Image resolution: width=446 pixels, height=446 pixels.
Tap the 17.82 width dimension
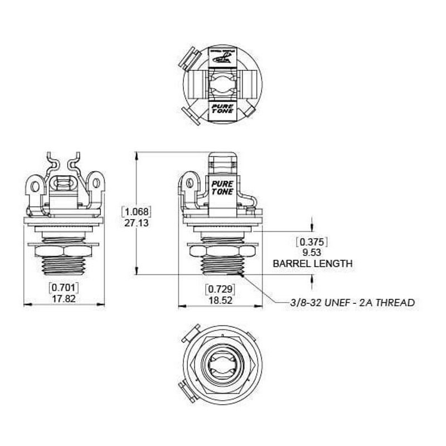[x=64, y=298]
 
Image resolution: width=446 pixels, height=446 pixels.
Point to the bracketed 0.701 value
[x=64, y=288]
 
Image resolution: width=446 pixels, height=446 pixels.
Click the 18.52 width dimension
[x=220, y=299]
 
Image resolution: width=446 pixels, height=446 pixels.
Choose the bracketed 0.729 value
[x=220, y=289]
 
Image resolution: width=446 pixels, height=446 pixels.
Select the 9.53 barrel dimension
[x=312, y=252]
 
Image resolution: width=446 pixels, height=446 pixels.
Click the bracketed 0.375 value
[x=312, y=242]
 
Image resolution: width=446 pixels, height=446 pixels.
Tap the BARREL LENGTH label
[x=312, y=263]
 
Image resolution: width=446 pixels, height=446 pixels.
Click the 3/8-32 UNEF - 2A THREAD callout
[x=352, y=303]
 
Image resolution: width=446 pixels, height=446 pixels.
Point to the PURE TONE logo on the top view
[x=222, y=108]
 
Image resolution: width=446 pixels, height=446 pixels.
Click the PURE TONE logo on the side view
[x=223, y=187]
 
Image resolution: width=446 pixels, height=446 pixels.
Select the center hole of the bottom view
[x=222, y=366]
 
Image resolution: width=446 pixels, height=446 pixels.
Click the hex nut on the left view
[x=65, y=250]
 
